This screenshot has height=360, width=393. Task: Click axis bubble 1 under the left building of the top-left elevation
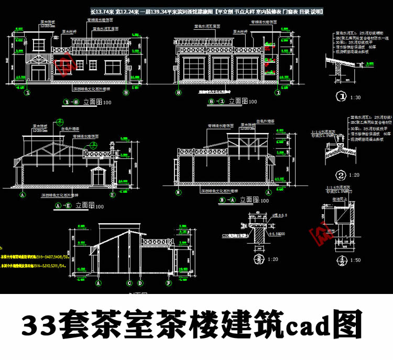point(26,92)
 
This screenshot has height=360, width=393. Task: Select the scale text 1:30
point(357,97)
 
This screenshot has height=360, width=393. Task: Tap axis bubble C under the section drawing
point(129,283)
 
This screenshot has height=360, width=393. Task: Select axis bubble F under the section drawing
point(169,283)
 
